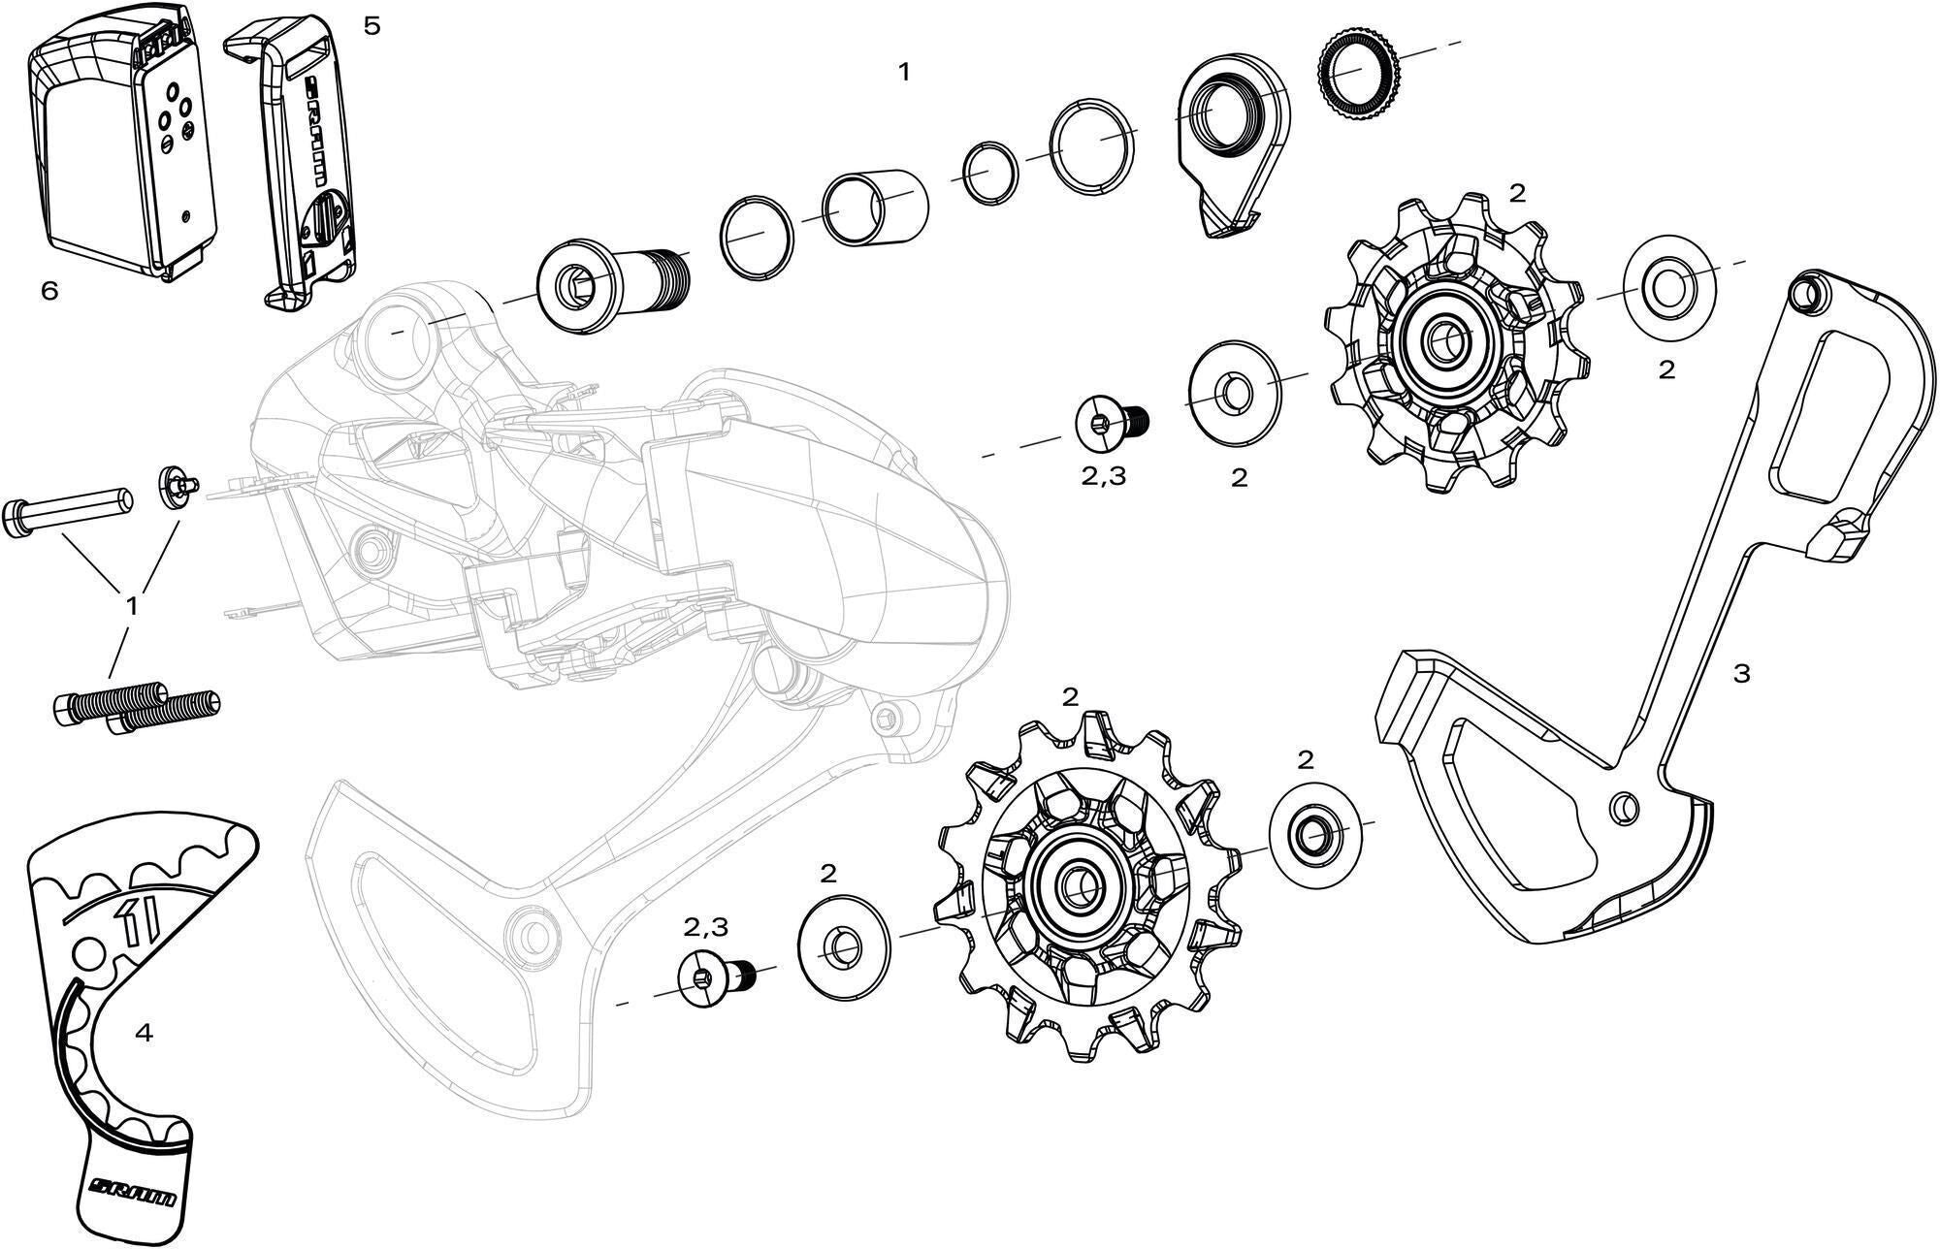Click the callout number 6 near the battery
pyautogui.click(x=49, y=290)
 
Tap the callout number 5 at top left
pyautogui.click(x=372, y=26)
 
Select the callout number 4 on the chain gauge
pyautogui.click(x=144, y=1034)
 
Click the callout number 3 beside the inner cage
pyautogui.click(x=1741, y=673)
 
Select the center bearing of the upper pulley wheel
pyautogui.click(x=1442, y=338)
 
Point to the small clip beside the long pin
pyautogui.click(x=178, y=484)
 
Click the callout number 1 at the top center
pyautogui.click(x=904, y=73)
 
